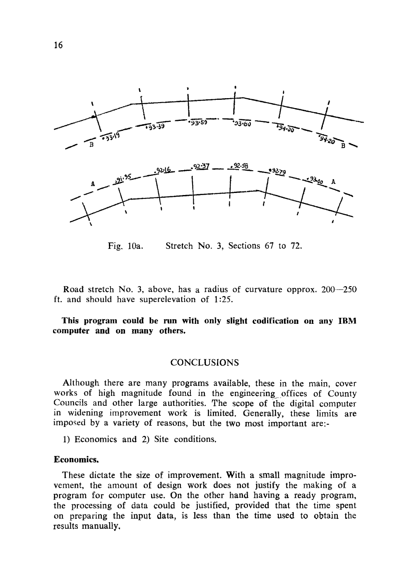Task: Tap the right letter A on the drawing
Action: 333,182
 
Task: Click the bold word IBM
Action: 347,321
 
